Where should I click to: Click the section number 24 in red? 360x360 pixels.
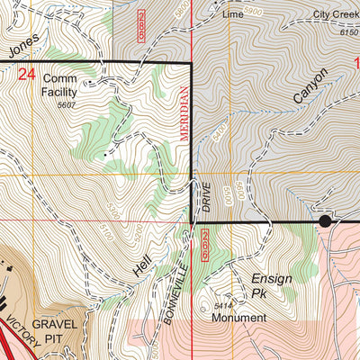[x=26, y=76]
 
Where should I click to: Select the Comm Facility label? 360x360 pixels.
[x=66, y=85]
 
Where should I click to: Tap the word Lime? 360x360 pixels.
[x=233, y=15]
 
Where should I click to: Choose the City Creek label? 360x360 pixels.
[x=335, y=15]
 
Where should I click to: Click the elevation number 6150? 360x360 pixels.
[x=348, y=31]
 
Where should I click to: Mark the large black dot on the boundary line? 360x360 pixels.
[x=324, y=220]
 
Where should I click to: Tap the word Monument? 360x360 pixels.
[x=238, y=318]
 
